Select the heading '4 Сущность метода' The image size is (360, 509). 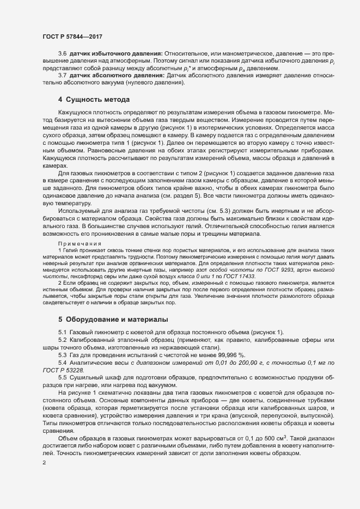[94, 100]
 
